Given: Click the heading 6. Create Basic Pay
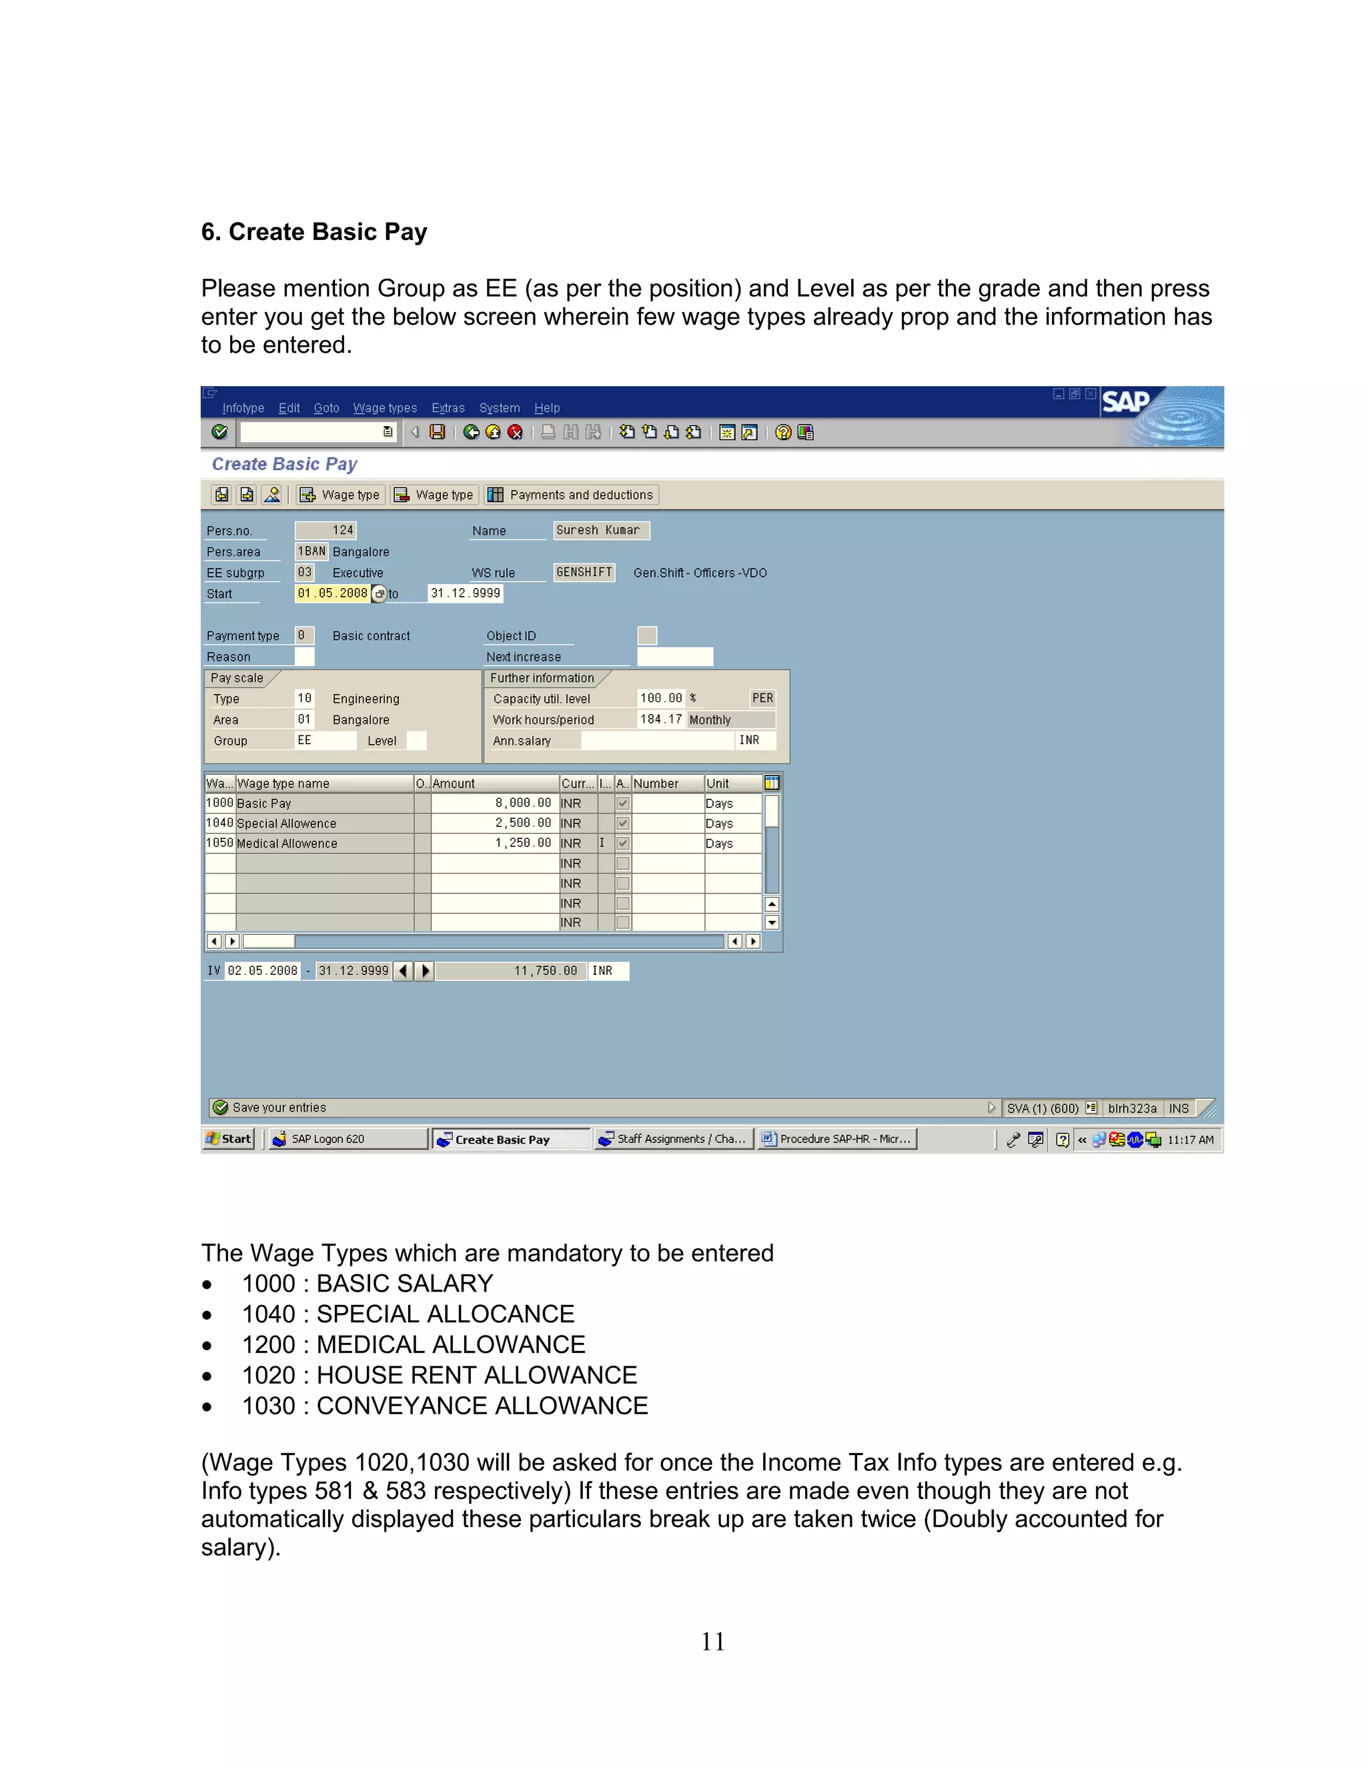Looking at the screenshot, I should pos(314,232).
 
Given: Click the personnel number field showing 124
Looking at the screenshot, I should pos(326,530).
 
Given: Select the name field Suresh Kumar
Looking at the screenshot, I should pos(600,530).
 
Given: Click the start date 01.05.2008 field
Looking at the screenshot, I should pos(331,593).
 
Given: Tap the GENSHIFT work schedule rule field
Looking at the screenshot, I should pos(584,572).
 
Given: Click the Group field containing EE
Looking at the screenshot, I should pos(325,740).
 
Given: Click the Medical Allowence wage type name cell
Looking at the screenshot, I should pos(323,843).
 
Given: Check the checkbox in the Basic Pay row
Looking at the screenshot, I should pos(622,803).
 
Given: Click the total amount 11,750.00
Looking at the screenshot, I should pos(510,970).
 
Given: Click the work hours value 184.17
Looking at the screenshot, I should pos(660,719).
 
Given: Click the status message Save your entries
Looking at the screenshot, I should pos(279,1108).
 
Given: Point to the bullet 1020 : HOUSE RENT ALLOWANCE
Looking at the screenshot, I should pos(439,1375).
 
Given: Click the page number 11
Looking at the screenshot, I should pos(712,1642).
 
